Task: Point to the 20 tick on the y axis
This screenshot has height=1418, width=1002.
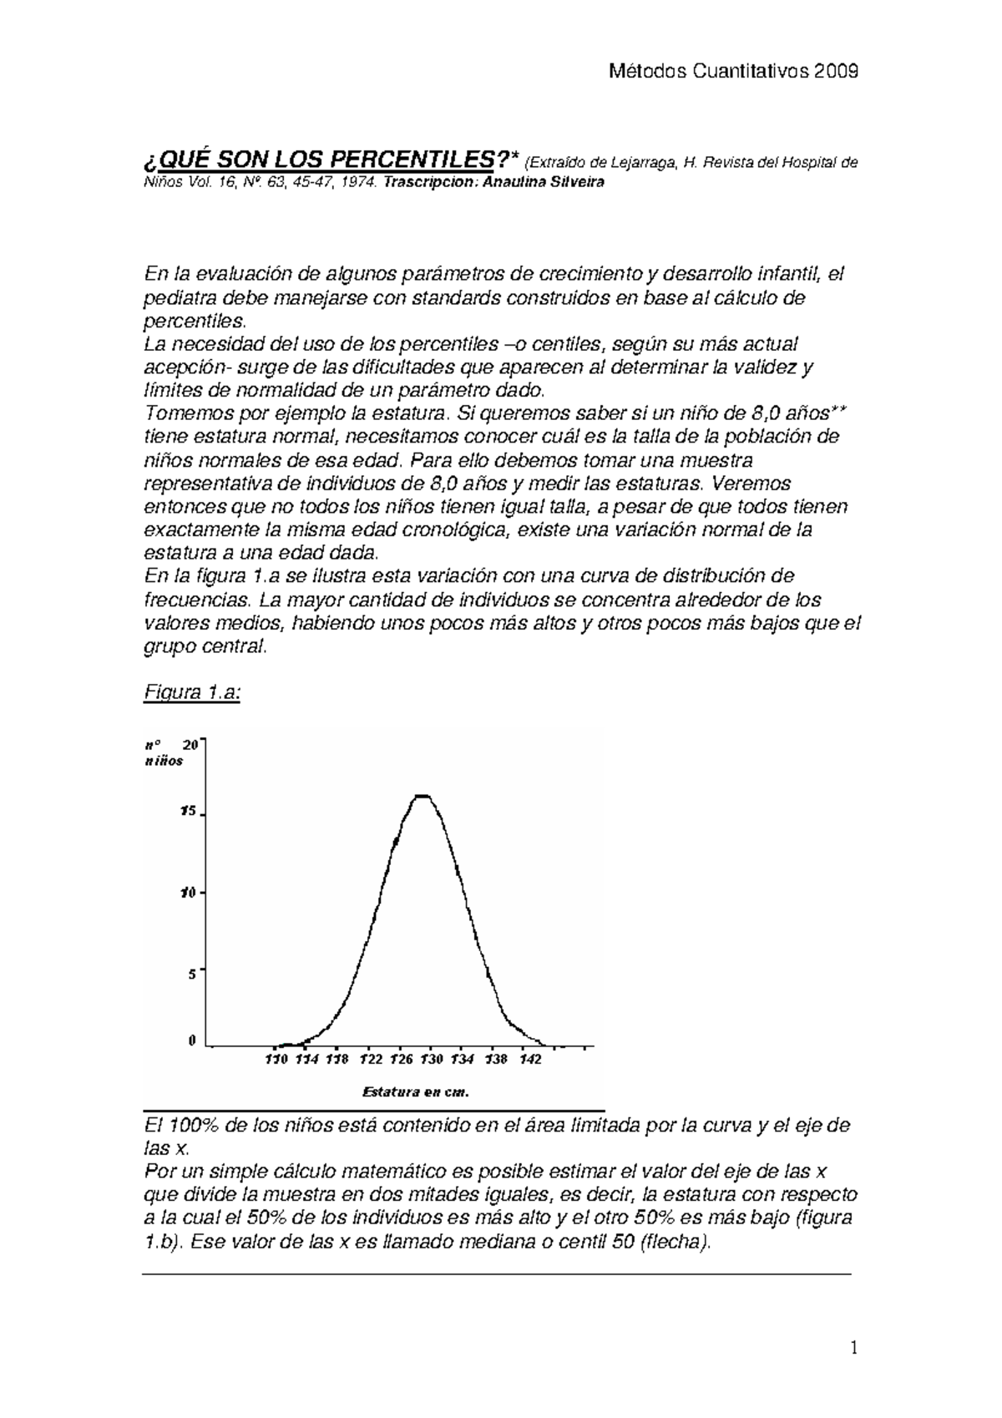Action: coord(190,745)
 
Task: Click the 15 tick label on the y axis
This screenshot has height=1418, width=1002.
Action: coord(188,811)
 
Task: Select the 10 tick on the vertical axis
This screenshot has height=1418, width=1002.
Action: coord(188,892)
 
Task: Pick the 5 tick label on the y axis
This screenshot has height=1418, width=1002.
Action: coord(191,973)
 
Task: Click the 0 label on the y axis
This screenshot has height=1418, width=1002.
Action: coord(192,1041)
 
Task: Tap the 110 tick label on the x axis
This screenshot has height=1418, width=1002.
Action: coord(276,1060)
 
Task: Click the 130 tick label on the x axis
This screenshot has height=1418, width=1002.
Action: coord(431,1060)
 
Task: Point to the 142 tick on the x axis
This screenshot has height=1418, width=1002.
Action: coord(530,1060)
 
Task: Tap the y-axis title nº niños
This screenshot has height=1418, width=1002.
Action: coord(163,752)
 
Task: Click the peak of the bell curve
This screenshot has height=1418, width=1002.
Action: coord(423,796)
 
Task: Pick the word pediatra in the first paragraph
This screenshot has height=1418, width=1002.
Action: coord(176,298)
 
